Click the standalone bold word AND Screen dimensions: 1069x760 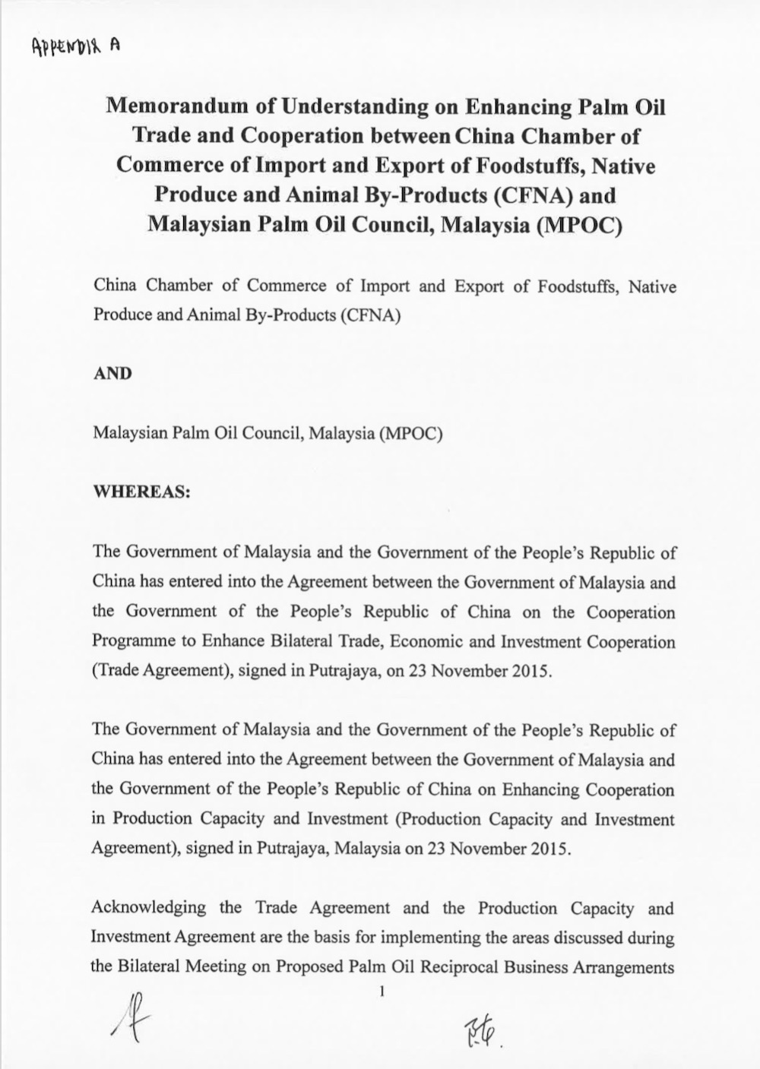[112, 374]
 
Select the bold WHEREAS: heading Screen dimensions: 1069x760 [141, 492]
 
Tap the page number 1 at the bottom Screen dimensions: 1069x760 [382, 992]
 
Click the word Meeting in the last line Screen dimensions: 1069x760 [238, 967]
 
